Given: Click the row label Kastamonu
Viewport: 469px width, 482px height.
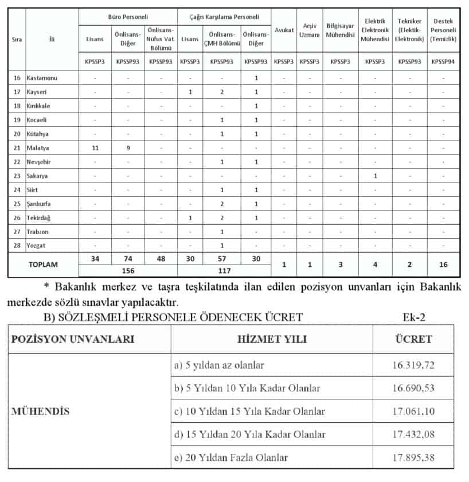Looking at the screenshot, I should [42, 77].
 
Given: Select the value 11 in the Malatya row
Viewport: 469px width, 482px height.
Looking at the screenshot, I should [96, 147].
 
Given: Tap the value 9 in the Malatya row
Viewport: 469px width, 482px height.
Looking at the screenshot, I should [128, 147].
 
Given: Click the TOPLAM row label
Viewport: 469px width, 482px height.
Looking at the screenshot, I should [44, 265].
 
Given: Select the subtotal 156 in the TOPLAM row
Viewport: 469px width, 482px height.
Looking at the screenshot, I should [128, 270].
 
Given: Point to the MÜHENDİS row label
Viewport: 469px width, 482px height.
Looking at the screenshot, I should [38, 411].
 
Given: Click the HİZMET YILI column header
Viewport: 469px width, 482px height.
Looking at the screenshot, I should [271, 339].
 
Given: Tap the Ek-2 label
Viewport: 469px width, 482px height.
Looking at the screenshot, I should [415, 316].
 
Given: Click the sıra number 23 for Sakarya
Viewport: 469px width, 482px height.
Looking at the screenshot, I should [17, 176].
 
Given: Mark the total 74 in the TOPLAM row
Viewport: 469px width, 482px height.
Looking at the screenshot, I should [128, 259].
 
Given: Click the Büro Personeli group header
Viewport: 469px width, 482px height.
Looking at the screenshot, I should [128, 17].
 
